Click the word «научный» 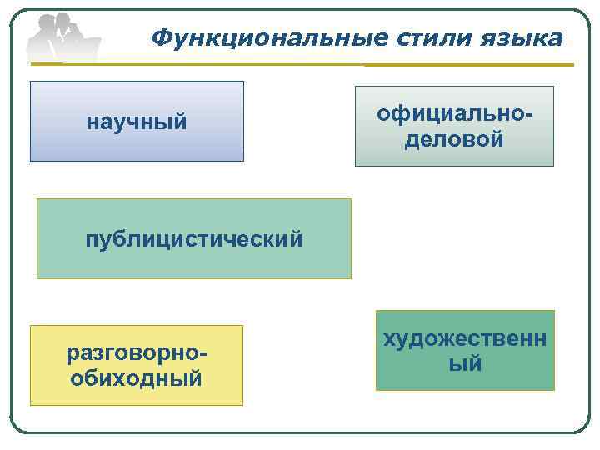tap(137, 122)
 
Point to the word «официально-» tap(454, 113)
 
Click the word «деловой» tap(454, 138)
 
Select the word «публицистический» tap(193, 239)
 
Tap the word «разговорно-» tap(137, 353)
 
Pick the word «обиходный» tap(137, 378)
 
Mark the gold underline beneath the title tap(467, 65)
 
